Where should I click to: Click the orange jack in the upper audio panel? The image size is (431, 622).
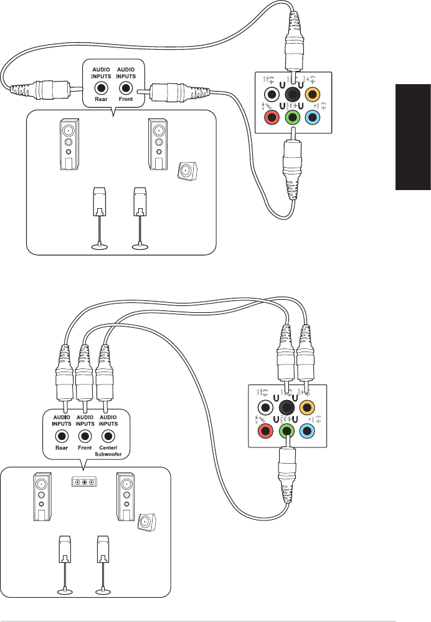pyautogui.click(x=313, y=95)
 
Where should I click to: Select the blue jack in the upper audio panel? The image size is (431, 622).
pyautogui.click(x=313, y=117)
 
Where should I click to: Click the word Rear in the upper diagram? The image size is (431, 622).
pyautogui.click(x=102, y=99)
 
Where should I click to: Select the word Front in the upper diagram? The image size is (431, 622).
pyautogui.click(x=128, y=99)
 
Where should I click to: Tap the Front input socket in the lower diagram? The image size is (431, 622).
pyautogui.click(x=85, y=436)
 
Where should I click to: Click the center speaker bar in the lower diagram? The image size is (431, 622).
pyautogui.click(x=83, y=482)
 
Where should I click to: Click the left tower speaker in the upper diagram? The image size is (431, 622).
pyautogui.click(x=70, y=144)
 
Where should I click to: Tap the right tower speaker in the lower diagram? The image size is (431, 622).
pyautogui.click(x=126, y=497)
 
